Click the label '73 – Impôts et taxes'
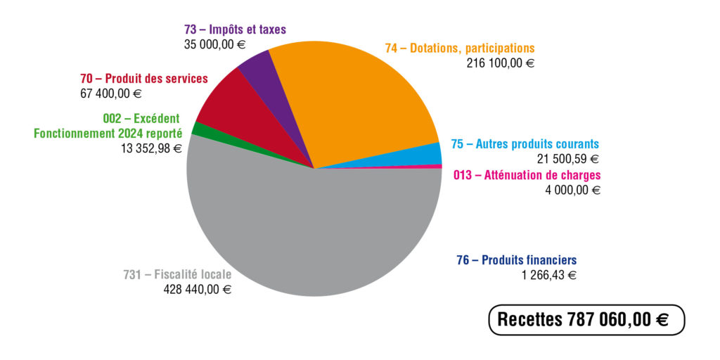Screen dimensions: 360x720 234,30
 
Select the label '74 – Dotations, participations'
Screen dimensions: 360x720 460,49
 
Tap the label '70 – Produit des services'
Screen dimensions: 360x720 144,79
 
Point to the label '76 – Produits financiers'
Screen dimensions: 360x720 517,260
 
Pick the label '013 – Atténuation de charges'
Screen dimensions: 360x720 527,175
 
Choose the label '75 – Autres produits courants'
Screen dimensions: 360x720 525,144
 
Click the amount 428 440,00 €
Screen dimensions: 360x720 197,289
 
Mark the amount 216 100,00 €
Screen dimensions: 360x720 500,63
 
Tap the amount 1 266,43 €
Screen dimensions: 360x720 548,275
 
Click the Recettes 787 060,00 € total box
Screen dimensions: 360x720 586,320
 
